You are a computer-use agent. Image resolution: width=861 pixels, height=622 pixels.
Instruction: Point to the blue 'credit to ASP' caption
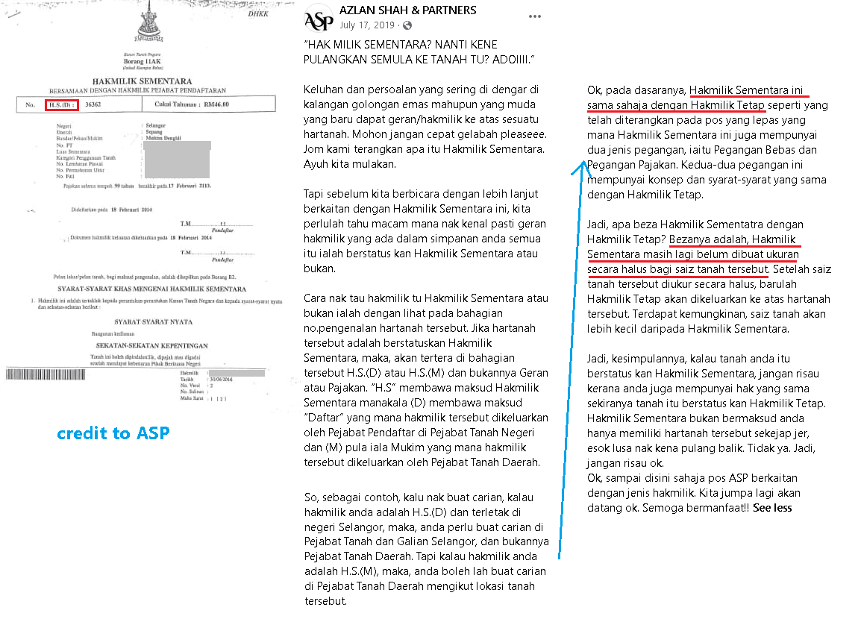click(113, 433)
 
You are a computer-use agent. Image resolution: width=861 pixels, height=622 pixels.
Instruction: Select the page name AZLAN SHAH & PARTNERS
click(407, 10)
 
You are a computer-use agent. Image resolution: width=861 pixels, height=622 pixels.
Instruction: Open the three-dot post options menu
click(535, 16)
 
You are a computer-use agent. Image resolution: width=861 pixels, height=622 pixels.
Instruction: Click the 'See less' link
click(772, 508)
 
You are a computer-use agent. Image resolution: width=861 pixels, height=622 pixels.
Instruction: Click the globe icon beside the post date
click(407, 25)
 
